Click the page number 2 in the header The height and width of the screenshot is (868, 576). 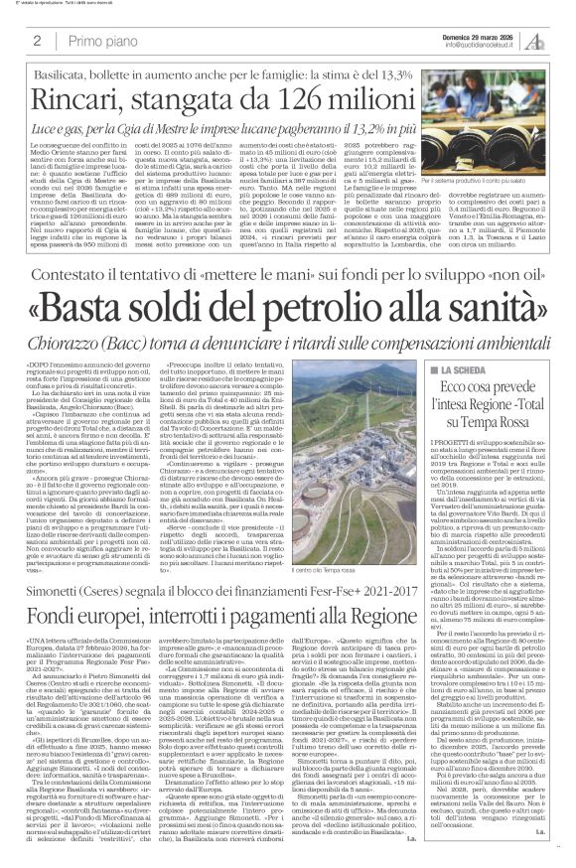(x=37, y=42)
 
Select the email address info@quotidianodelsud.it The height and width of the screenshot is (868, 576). (x=471, y=46)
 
